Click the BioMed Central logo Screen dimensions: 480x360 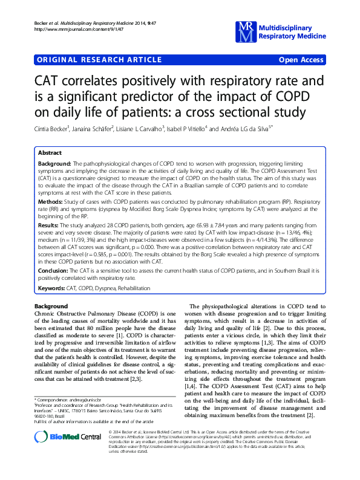click(60, 455)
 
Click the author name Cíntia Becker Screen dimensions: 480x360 click(53, 129)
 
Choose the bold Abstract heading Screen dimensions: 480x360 click(50, 154)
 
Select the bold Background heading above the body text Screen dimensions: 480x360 click(51, 306)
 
